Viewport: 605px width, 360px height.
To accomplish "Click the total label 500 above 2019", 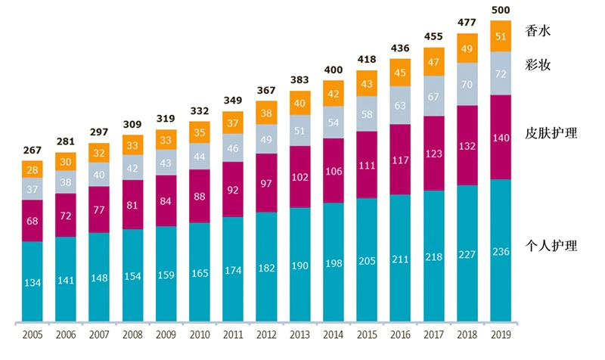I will pos(501,10).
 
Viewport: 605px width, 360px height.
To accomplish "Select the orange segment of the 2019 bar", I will pos(501,36).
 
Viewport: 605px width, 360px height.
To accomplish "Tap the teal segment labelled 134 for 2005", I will pos(32,282).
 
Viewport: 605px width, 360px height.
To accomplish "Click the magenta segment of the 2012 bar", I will pos(266,183).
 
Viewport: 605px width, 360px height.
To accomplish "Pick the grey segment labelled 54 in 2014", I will pos(334,123).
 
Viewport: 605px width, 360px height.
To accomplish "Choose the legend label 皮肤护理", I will pos(551,134).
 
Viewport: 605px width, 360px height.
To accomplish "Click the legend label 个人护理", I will pos(551,246).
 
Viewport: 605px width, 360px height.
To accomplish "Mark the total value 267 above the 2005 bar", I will pos(32,151).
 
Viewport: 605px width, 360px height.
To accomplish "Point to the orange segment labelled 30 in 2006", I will pos(66,161).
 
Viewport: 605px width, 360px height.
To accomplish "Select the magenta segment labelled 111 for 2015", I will pos(367,165).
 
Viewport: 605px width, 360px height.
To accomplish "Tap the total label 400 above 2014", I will pos(334,70).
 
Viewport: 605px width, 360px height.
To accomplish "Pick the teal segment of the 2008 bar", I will pos(132,274).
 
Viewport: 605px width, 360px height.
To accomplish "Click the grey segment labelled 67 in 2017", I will pos(434,96).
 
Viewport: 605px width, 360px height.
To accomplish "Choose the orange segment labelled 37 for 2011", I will pos(233,123).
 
